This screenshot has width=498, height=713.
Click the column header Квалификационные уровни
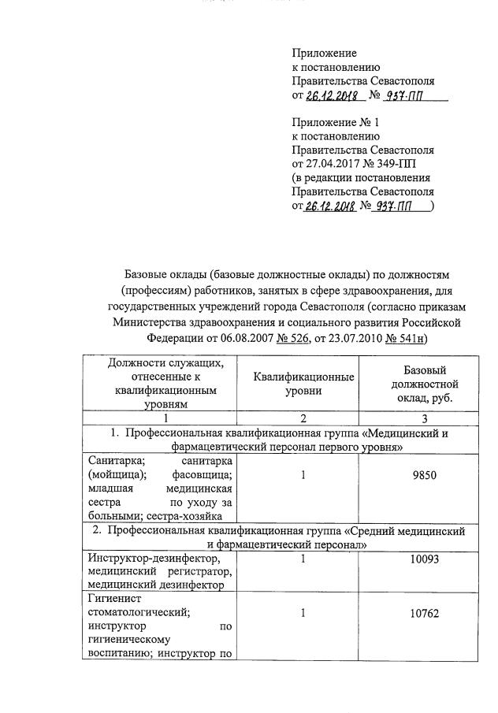(x=303, y=384)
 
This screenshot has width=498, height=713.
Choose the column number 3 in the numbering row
(x=425, y=418)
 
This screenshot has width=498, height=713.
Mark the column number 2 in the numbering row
(x=303, y=418)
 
